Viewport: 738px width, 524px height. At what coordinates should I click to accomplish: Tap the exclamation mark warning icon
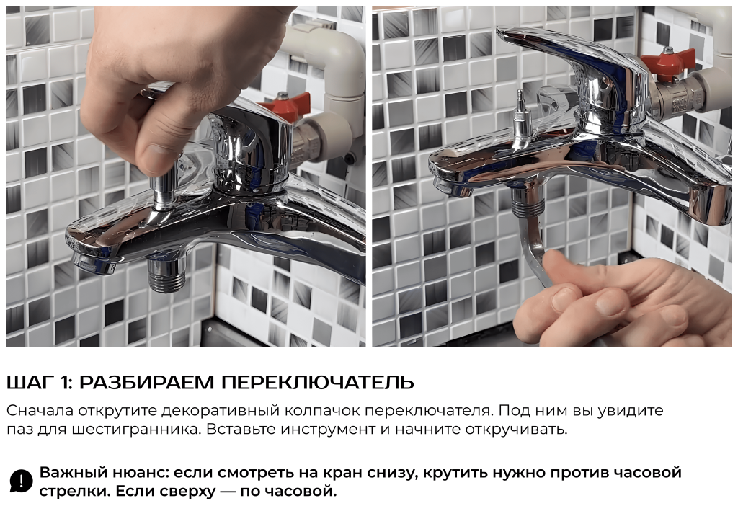(x=21, y=481)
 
